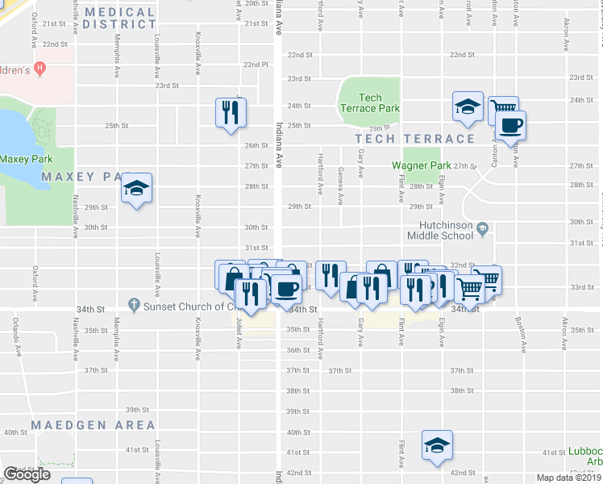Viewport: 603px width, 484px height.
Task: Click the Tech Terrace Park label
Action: point(369,102)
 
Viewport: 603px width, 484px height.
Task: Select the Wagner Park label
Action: point(421,165)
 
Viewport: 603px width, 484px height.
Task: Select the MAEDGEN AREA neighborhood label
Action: point(92,424)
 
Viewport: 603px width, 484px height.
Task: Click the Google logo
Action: point(27,474)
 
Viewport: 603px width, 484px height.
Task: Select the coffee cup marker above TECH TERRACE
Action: point(511,126)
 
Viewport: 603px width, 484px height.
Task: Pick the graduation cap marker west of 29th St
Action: point(136,190)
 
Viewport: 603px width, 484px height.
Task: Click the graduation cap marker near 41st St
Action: point(437,445)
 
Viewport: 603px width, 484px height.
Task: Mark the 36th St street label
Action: point(298,350)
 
